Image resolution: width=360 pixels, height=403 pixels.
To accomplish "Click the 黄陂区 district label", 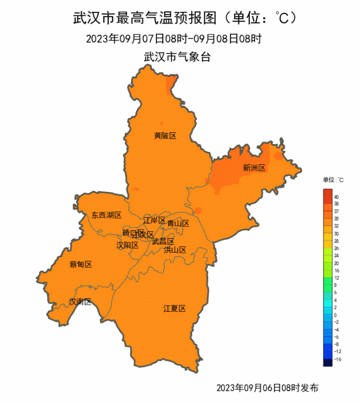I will click(165, 136).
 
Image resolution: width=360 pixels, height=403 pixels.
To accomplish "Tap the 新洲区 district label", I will click(254, 168).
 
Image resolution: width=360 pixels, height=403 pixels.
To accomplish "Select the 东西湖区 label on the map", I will click(106, 215).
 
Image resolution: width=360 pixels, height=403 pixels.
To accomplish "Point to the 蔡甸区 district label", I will click(80, 265).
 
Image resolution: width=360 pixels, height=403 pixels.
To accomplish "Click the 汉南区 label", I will click(80, 302).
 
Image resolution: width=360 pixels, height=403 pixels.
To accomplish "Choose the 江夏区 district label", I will click(174, 308).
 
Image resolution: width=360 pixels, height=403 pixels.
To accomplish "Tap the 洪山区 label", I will click(174, 249).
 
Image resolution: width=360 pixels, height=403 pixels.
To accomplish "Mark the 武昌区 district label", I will click(163, 241).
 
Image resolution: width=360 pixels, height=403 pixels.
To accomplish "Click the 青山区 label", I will click(178, 223).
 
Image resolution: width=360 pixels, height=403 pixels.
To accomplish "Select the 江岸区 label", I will click(154, 220).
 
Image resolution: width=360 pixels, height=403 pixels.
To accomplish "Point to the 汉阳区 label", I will click(127, 245).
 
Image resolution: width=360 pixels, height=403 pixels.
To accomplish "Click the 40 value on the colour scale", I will click(336, 197).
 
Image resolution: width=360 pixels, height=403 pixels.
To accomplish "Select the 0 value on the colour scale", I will click(336, 315).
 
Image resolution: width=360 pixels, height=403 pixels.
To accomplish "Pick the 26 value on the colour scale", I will click(336, 248).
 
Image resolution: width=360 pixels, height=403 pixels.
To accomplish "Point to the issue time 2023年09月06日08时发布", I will click(267, 388).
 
